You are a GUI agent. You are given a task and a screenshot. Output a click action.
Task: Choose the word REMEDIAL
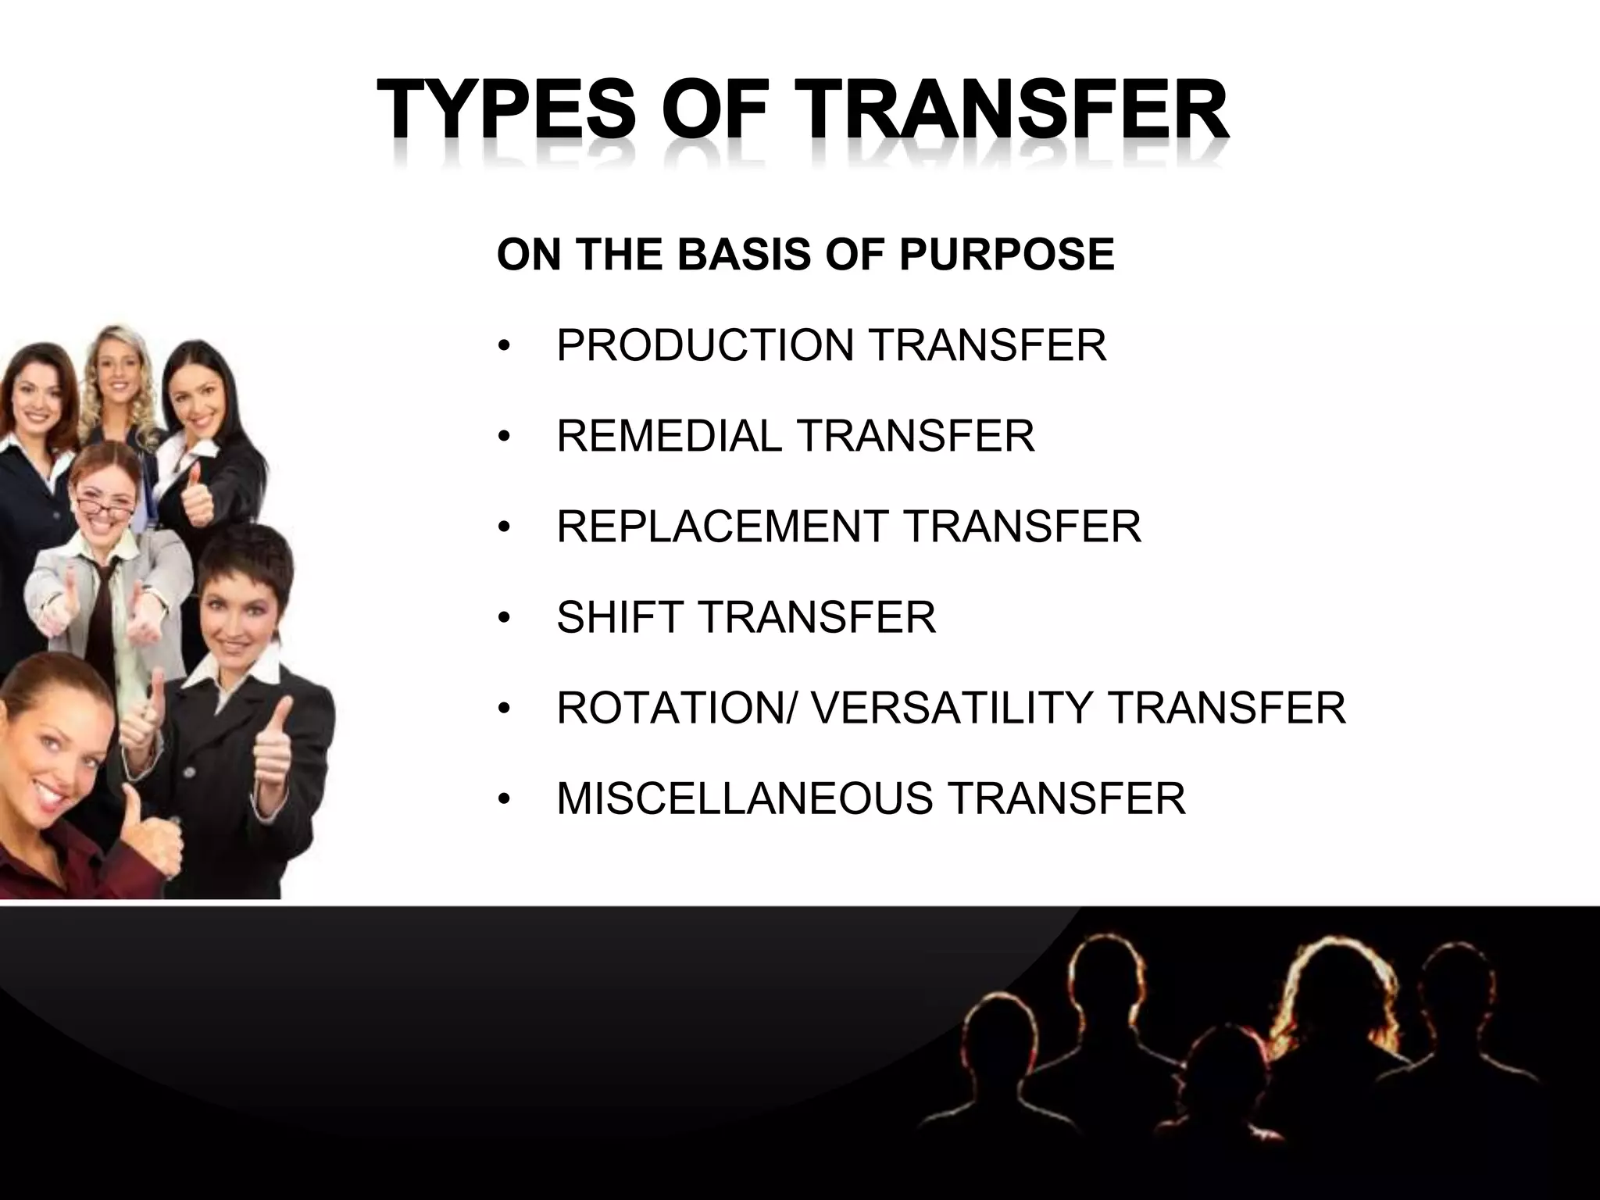point(669,436)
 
